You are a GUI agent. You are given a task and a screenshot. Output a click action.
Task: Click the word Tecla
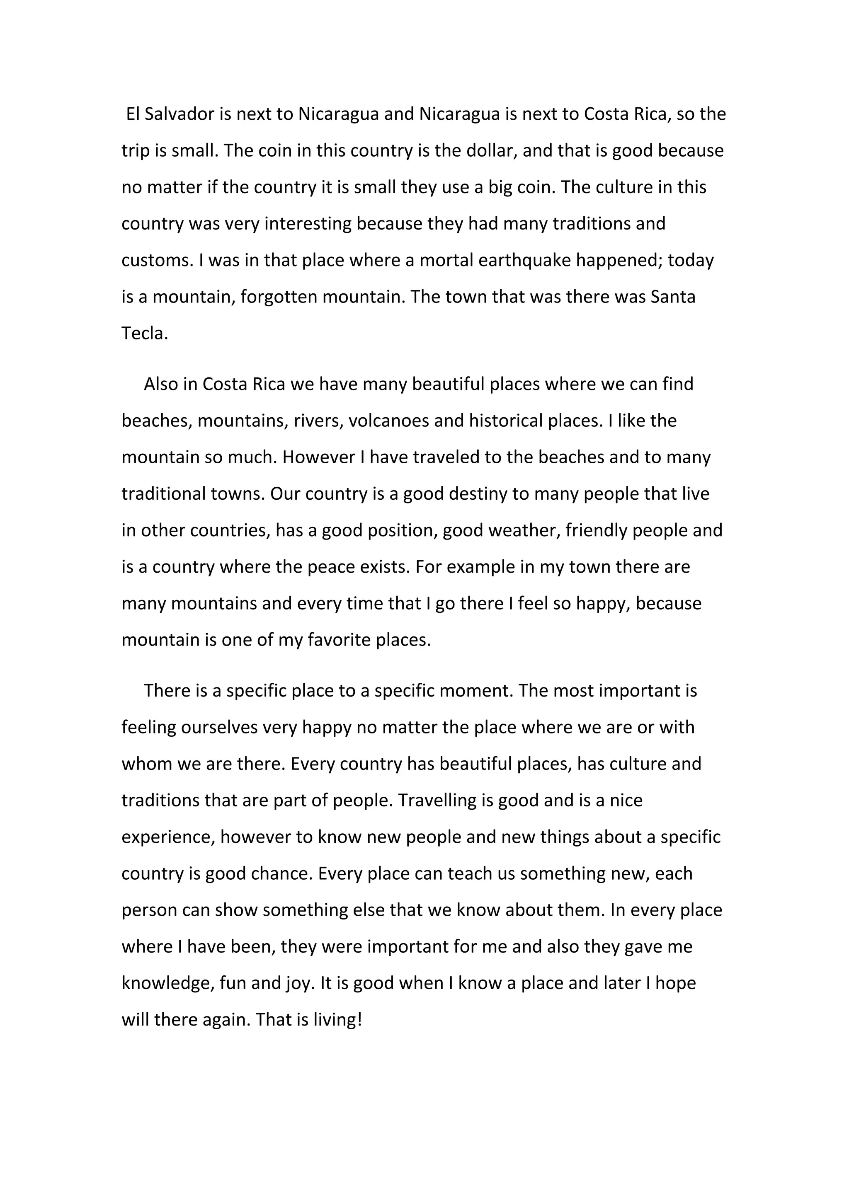pyautogui.click(x=145, y=334)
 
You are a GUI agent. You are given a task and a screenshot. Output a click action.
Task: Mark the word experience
pyautogui.click(x=168, y=837)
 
